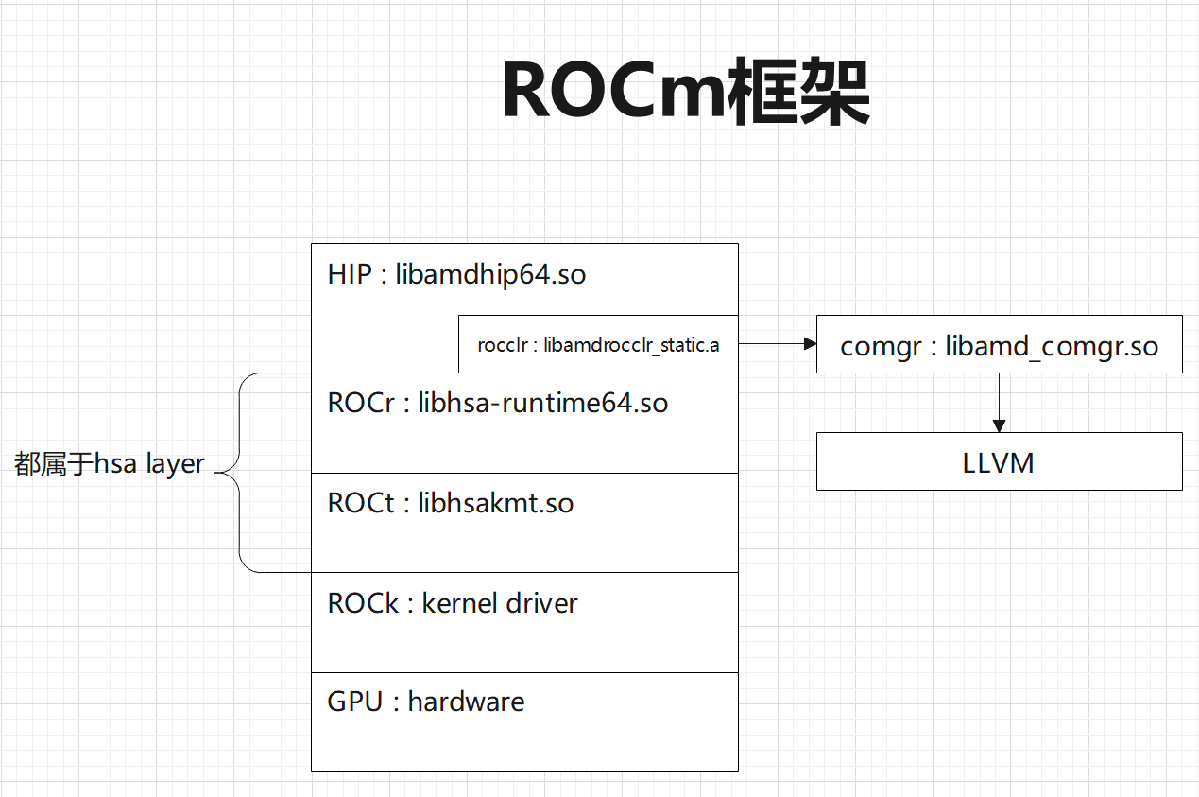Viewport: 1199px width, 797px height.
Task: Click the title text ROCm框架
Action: (685, 93)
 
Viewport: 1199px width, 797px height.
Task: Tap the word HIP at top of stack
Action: (350, 275)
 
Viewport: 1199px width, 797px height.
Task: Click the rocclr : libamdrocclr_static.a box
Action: (598, 345)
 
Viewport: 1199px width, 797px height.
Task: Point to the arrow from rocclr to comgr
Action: (777, 345)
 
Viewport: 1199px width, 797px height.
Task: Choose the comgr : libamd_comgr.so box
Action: (999, 345)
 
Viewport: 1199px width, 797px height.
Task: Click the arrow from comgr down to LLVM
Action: (999, 403)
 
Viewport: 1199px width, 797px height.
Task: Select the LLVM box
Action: (999, 462)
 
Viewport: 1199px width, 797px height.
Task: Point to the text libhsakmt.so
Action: (495, 503)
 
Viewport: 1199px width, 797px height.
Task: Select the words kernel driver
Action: (500, 603)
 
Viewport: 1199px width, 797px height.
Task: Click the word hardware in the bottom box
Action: (466, 702)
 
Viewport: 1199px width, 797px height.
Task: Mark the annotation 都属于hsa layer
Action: (110, 464)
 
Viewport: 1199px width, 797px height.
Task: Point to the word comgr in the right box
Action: (881, 346)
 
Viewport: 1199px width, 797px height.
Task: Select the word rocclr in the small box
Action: (501, 345)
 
